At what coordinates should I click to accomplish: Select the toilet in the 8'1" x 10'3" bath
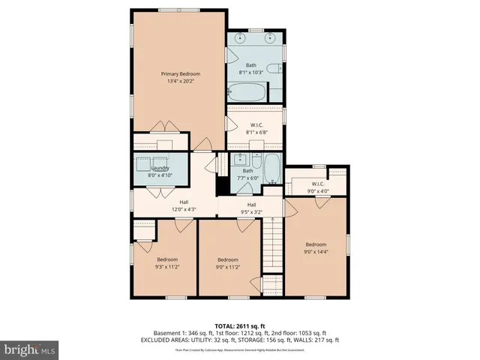coord(275,69)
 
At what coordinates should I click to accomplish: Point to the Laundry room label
coord(160,171)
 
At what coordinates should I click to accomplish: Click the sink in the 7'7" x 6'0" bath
coord(241,160)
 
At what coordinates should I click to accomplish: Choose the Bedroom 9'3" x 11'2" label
coord(167,262)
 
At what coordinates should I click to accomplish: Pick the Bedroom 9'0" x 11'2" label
coord(227,262)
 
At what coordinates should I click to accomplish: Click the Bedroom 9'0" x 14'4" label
coord(316,247)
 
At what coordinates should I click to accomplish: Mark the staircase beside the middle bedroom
coord(272,247)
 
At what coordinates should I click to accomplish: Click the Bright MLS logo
coord(30,349)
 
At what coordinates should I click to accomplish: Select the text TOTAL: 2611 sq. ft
coord(240,325)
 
